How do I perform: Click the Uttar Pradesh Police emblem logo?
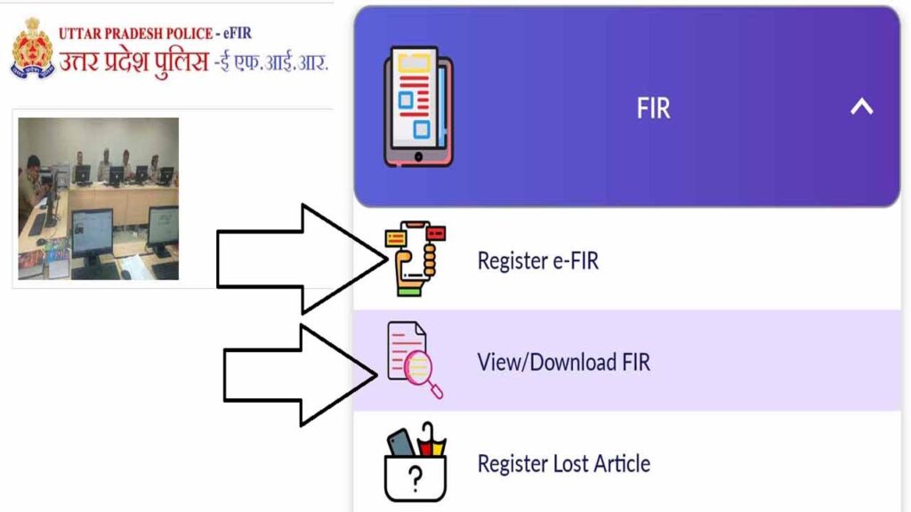(32, 49)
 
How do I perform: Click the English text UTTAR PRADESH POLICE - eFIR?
(156, 34)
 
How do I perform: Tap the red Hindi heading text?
(194, 63)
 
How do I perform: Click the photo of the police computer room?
(99, 199)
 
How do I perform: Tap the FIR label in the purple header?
(653, 108)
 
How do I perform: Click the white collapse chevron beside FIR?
(861, 108)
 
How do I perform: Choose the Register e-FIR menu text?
(537, 260)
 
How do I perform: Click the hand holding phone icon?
(414, 259)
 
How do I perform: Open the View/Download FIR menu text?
(563, 362)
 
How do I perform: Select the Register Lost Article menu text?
(563, 463)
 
